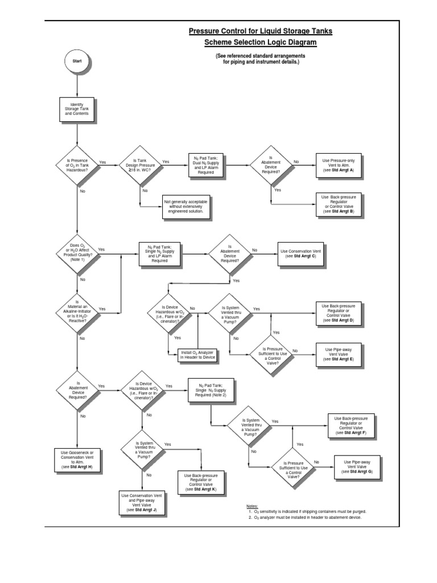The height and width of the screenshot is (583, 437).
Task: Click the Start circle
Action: [77, 61]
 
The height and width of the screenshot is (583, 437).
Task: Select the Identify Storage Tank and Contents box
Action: [77, 109]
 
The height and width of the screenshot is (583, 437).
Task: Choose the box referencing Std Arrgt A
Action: [338, 165]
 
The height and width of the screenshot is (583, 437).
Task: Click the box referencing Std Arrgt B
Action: [338, 204]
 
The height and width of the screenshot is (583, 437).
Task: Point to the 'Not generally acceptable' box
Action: [186, 206]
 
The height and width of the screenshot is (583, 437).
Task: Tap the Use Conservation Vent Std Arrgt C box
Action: [300, 253]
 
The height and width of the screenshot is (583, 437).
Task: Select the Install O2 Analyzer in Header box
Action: [197, 354]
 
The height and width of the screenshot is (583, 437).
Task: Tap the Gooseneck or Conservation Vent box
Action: [77, 459]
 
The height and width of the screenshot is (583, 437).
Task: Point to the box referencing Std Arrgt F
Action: [351, 425]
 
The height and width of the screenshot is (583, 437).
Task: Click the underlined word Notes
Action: [252, 506]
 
